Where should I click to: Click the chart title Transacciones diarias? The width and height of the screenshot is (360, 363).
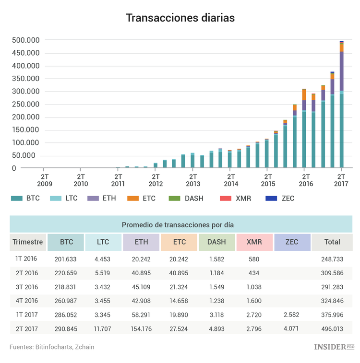click(x=180, y=18)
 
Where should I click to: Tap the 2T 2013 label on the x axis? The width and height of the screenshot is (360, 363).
click(x=193, y=179)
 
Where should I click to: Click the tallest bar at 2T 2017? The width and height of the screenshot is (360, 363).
click(x=342, y=105)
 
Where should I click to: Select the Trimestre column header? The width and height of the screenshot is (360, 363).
click(x=28, y=242)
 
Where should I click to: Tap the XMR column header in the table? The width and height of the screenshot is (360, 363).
click(x=254, y=242)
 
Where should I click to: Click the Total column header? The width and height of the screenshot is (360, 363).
click(x=332, y=242)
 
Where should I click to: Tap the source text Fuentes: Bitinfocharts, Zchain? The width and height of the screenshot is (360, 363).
click(x=52, y=347)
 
